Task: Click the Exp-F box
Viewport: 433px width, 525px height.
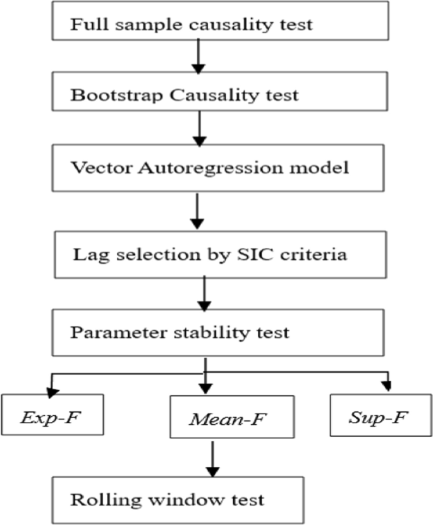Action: pos(52,414)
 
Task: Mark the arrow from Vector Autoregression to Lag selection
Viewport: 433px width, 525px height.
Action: pos(197,211)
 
